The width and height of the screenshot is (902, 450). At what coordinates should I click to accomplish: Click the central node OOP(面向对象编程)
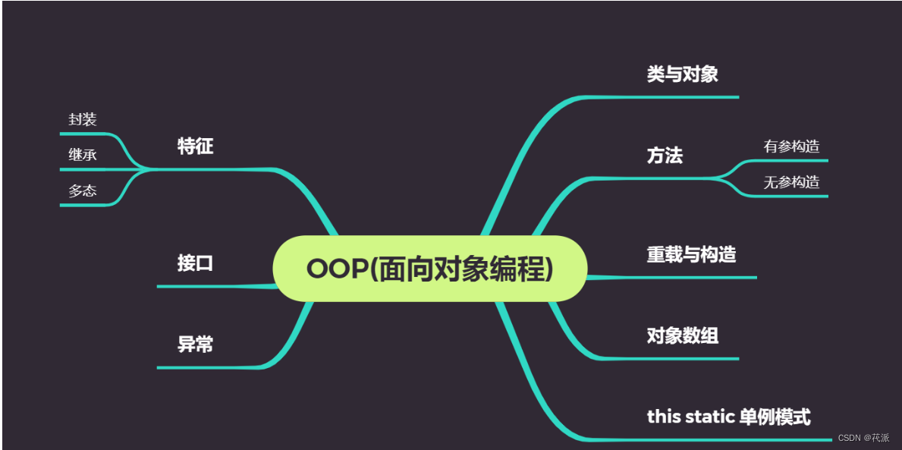(x=429, y=269)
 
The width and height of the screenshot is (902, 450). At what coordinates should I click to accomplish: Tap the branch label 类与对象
(x=682, y=74)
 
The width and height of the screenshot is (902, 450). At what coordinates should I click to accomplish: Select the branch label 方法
(x=665, y=156)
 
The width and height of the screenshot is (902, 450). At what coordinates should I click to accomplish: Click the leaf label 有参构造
(x=791, y=146)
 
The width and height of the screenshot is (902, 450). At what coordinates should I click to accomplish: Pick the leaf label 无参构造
(x=791, y=182)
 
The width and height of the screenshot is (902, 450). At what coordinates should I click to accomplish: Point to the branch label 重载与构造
(x=691, y=254)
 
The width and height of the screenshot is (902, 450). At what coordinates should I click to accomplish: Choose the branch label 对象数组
(x=682, y=335)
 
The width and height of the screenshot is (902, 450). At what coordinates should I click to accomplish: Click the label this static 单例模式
(x=728, y=417)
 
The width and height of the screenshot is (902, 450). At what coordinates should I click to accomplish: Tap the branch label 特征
(x=195, y=146)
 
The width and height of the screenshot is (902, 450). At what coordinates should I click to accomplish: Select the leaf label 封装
(x=83, y=119)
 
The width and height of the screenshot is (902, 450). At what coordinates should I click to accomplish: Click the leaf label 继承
(x=83, y=155)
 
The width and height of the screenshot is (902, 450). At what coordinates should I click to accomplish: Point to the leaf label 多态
(x=83, y=190)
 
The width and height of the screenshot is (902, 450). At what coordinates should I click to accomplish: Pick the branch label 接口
(x=195, y=263)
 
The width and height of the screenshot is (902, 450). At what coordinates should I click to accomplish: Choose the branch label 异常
(x=195, y=345)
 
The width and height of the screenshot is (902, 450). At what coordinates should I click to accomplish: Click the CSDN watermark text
(x=863, y=438)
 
